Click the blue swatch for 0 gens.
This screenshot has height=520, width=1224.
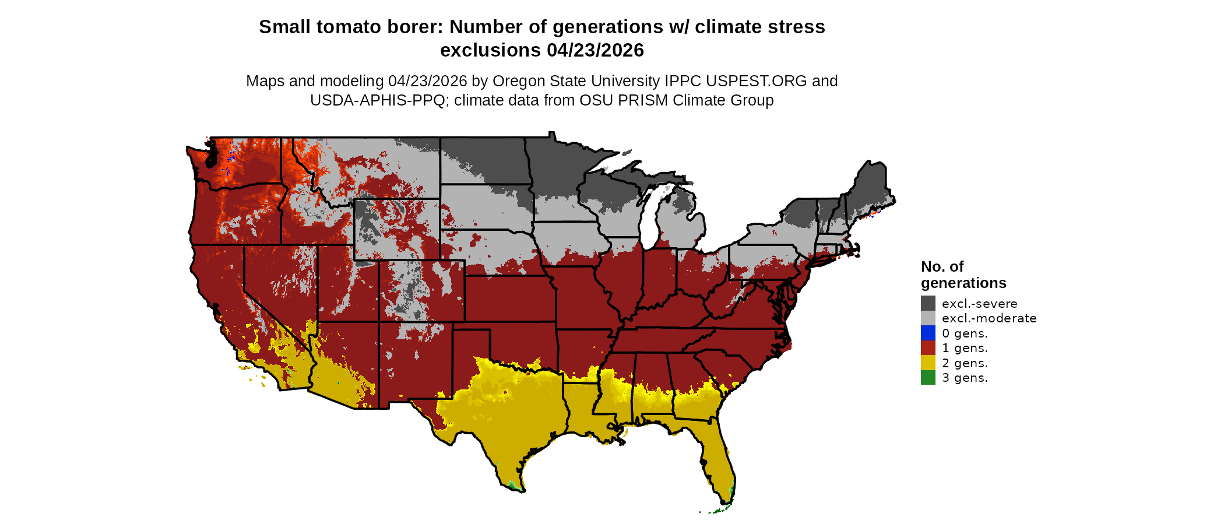[x=928, y=333]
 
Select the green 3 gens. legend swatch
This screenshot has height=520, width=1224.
[x=928, y=377]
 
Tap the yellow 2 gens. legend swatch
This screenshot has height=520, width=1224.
[x=928, y=363]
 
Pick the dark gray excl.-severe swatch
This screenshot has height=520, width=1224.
[x=928, y=303]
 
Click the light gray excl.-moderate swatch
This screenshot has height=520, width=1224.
[x=928, y=318]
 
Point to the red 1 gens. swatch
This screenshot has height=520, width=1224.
[x=928, y=347]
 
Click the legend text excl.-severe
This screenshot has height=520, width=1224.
[x=979, y=304]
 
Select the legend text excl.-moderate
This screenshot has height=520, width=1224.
[x=989, y=318]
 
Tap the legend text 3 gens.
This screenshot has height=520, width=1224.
[x=965, y=378]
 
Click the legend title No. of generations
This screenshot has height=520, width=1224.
[x=963, y=275]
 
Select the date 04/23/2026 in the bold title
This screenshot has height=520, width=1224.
[x=595, y=50]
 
